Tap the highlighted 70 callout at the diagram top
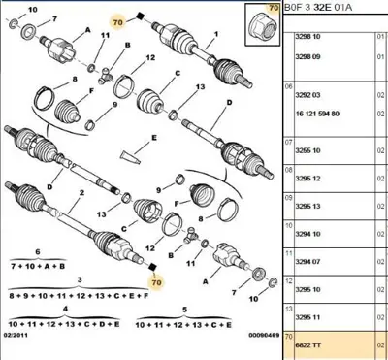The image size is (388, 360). coord(118,21)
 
